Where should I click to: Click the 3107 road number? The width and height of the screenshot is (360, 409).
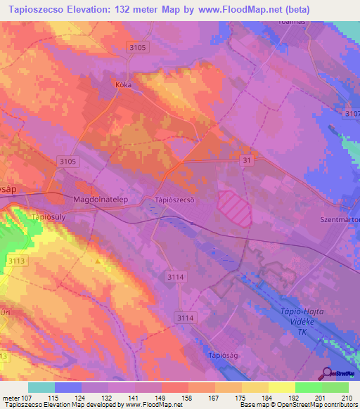coord(352,113)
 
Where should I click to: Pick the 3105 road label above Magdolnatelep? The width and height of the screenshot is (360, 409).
coord(68,162)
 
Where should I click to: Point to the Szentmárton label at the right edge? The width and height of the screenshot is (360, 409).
coord(340,219)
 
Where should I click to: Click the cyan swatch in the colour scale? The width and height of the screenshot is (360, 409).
coord(41,387)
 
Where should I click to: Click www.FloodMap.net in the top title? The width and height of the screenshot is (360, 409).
coord(254,9)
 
